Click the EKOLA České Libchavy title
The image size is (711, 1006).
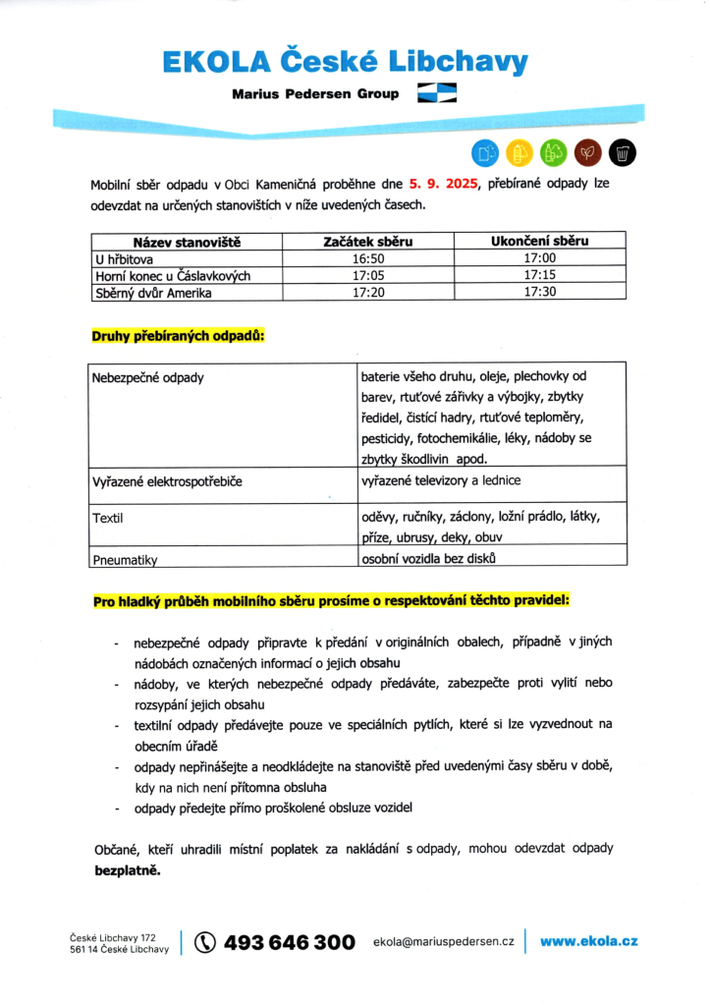coord(345,62)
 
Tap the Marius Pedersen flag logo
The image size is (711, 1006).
coord(437,93)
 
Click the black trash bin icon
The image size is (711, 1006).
coord(623,152)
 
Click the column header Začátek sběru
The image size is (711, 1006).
coord(368,242)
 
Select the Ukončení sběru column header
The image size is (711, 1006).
coord(539,242)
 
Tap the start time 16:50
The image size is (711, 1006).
coord(368,259)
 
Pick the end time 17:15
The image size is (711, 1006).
coord(539,276)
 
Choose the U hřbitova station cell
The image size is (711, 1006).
coord(124,259)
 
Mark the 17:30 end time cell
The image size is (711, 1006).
coord(539,293)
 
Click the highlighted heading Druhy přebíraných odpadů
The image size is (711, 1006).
coord(178,336)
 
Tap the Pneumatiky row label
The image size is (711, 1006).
coord(125,560)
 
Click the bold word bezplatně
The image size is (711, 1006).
coord(126,870)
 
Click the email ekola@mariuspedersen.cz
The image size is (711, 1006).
coord(444,942)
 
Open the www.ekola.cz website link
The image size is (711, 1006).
coord(589,941)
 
